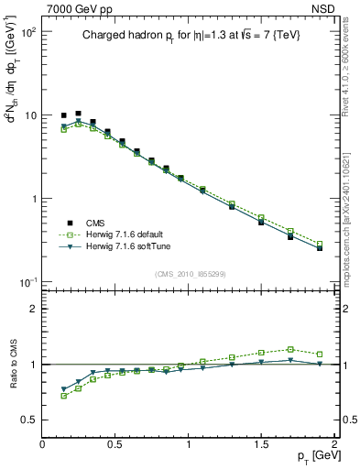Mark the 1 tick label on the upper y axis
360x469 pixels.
click(33, 199)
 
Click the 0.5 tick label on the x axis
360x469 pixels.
click(115, 444)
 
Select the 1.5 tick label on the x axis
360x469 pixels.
click(261, 444)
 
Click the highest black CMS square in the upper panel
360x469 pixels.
click(78, 113)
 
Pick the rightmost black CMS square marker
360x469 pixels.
click(320, 247)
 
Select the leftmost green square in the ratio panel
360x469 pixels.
click(63, 396)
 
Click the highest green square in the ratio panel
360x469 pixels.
click(290, 349)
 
